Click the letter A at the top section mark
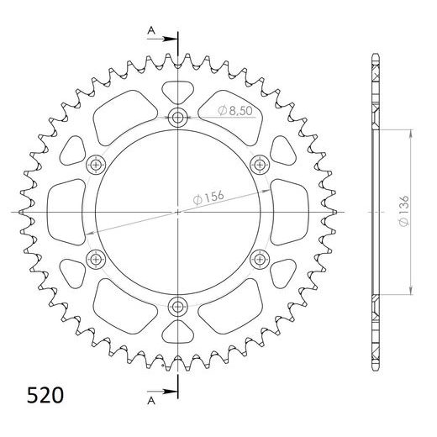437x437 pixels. coord(151,29)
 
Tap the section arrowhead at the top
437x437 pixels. coord(171,37)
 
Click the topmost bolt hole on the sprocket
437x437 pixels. coord(178,117)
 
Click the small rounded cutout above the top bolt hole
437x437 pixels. coord(178,91)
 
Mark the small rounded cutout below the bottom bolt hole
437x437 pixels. coord(178,331)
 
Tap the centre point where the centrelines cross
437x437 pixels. coord(178,212)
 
